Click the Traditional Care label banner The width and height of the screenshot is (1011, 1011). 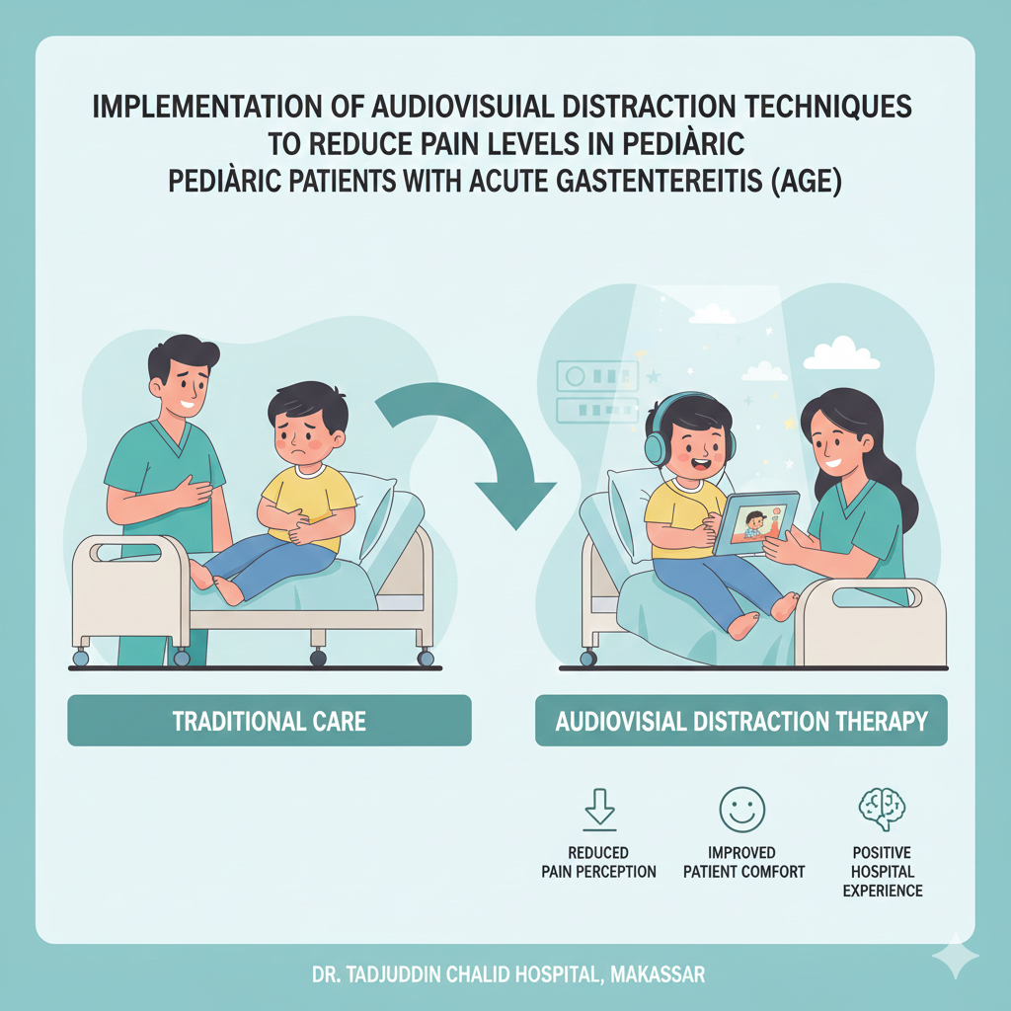coord(269,721)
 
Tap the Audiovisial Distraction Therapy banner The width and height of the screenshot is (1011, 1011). coord(740,721)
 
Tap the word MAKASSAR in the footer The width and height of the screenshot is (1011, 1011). coord(657,975)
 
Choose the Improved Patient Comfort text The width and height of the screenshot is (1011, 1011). coord(743,862)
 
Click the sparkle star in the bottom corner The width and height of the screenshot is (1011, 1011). coord(955,955)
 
